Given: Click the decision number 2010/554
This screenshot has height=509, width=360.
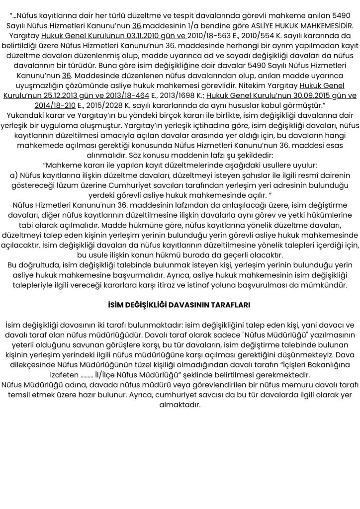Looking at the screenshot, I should pyautogui.click(x=269, y=36).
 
